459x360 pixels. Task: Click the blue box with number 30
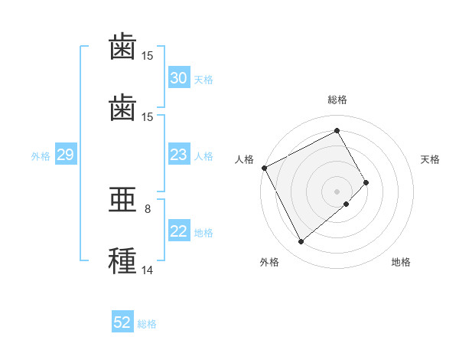(179, 77)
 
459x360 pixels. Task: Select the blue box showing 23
(179, 154)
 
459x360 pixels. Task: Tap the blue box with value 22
(179, 230)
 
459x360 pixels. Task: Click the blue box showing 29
(66, 154)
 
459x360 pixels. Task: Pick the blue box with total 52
(122, 321)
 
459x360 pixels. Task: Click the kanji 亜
(122, 200)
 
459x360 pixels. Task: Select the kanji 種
(122, 260)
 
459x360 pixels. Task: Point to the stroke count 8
(148, 209)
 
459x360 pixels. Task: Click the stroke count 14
(147, 270)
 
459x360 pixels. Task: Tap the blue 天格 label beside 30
(203, 80)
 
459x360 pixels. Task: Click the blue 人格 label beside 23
(203, 156)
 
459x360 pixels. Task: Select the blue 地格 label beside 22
(203, 233)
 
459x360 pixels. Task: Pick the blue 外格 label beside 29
(41, 156)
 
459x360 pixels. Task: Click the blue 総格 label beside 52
(147, 324)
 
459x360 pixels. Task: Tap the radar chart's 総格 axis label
(337, 100)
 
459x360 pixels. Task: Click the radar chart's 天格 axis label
(430, 159)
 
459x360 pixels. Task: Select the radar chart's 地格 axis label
(401, 262)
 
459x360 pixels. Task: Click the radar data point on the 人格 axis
(265, 168)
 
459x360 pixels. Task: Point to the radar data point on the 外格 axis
(301, 241)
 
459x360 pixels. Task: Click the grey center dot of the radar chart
(337, 191)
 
